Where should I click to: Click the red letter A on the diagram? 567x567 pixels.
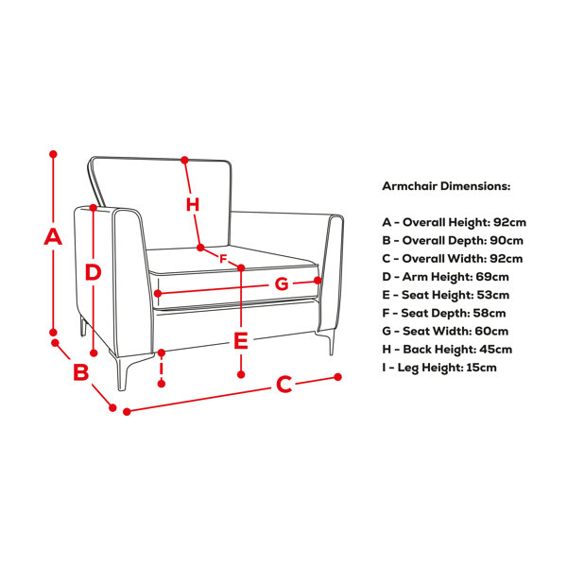(53, 237)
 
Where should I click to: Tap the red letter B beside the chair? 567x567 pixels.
(81, 371)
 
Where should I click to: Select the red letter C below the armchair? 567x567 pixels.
(283, 384)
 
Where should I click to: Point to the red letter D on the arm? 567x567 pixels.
(93, 272)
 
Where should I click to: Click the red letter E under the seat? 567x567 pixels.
(241, 340)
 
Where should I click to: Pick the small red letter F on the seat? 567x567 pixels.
(223, 259)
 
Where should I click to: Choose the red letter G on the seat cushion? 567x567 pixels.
(282, 283)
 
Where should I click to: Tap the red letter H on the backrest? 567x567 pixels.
(193, 205)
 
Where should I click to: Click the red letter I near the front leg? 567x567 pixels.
(162, 368)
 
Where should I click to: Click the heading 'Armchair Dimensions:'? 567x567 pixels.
(446, 186)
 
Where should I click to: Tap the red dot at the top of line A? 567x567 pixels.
(53, 154)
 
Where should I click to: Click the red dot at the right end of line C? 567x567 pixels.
(337, 377)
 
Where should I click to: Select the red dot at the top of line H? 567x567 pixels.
(185, 160)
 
